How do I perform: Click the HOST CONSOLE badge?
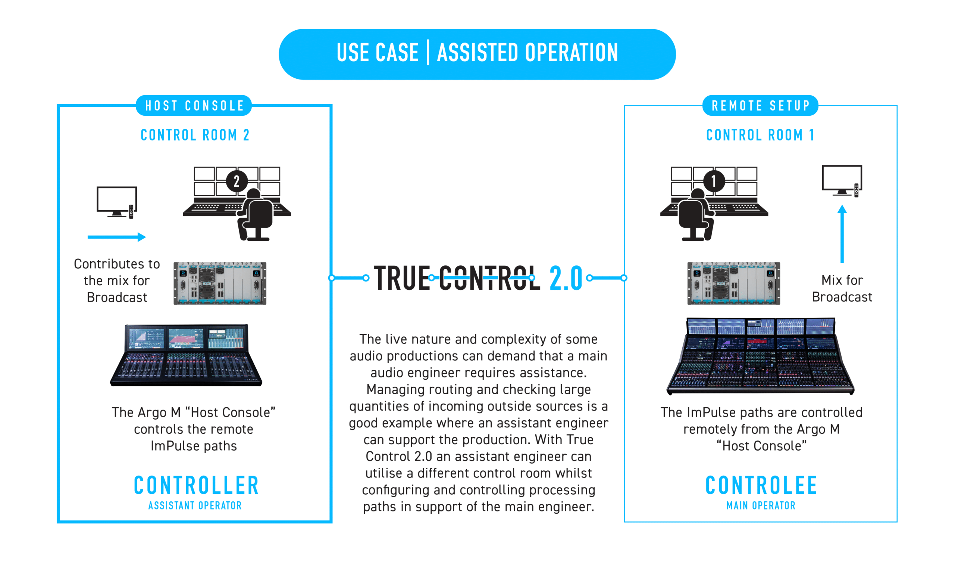(194, 106)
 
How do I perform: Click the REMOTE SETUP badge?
(760, 106)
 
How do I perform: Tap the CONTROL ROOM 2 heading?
(195, 135)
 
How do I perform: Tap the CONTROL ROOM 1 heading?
(760, 135)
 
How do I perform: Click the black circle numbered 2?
(237, 181)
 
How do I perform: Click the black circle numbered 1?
(714, 181)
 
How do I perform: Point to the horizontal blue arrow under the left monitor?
(116, 237)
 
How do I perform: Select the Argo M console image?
(186, 355)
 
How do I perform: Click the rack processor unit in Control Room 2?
(220, 283)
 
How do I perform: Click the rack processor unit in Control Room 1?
(733, 283)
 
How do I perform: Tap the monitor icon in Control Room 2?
(117, 202)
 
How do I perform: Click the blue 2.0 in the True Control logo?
(566, 278)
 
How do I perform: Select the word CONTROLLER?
(196, 485)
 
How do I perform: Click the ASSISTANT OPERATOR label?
(195, 506)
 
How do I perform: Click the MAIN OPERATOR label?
(761, 506)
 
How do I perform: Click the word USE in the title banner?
(352, 53)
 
